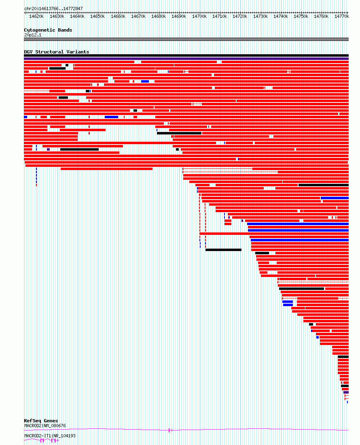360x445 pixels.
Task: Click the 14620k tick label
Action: [36, 17]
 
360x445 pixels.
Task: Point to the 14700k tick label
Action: [199, 17]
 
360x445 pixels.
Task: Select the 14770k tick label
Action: [342, 17]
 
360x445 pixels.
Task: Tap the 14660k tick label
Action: [118, 17]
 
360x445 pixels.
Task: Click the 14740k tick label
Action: [281, 17]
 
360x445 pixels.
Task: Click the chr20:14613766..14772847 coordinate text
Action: [53, 9]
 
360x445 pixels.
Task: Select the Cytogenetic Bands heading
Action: [48, 30]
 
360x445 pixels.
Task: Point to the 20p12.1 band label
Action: [33, 35]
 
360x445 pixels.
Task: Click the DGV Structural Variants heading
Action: [56, 52]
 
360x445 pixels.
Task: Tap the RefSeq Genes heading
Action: [41, 421]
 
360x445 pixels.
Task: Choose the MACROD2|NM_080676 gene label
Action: [45, 426]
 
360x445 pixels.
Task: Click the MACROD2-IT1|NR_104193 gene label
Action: [50, 436]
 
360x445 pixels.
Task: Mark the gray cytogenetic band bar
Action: [186, 39]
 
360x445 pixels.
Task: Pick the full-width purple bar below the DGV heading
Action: [186, 59]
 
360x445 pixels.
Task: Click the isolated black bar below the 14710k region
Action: [223, 250]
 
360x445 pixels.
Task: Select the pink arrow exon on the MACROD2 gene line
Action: [170, 430]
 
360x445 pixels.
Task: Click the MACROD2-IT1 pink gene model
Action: [41, 441]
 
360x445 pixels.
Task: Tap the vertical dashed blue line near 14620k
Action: [36, 176]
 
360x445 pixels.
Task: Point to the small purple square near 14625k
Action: [49, 149]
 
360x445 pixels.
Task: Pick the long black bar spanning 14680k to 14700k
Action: [179, 133]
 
